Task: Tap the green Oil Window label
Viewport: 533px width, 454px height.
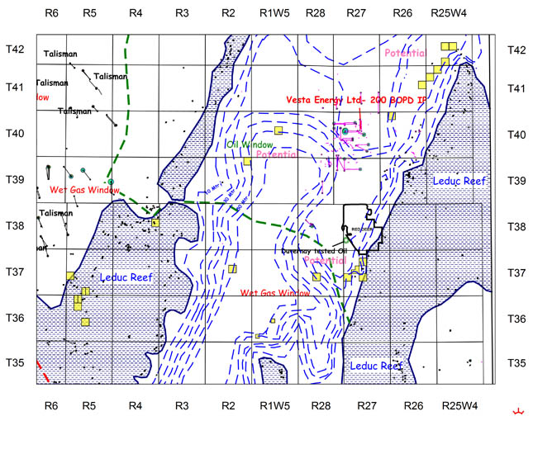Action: pyautogui.click(x=250, y=144)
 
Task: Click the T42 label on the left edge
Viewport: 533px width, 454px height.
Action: pyautogui.click(x=17, y=50)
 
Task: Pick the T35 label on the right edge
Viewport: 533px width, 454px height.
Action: pyautogui.click(x=517, y=362)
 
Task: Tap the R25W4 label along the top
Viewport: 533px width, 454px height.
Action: pyautogui.click(x=453, y=14)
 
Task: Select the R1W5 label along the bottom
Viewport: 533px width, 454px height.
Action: pyautogui.click(x=274, y=405)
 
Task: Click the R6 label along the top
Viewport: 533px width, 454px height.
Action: pyautogui.click(x=51, y=14)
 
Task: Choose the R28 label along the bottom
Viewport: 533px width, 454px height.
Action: pyautogui.click(x=315, y=405)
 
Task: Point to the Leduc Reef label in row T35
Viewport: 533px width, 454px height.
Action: pyautogui.click(x=376, y=365)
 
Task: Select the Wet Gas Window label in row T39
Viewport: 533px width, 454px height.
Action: pyautogui.click(x=84, y=190)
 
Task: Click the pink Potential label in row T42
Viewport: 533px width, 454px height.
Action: pyautogui.click(x=405, y=53)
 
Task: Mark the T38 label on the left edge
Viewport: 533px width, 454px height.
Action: pyautogui.click(x=17, y=226)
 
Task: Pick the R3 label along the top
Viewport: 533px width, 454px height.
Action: pyautogui.click(x=182, y=14)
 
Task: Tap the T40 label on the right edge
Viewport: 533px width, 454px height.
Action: pyautogui.click(x=517, y=133)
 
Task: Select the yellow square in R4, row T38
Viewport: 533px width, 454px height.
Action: pyautogui.click(x=155, y=222)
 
